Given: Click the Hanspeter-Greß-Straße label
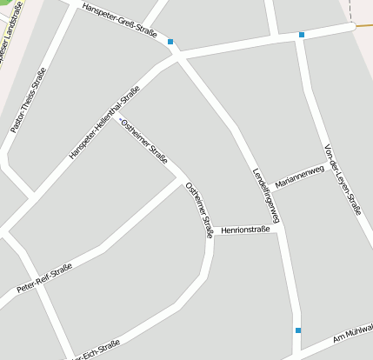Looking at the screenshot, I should (118, 21).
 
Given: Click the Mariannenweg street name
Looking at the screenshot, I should (298, 177).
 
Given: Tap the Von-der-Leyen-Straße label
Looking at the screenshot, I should (342, 177).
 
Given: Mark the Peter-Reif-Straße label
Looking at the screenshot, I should (43, 280).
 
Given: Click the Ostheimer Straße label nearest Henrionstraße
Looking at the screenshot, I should (199, 210).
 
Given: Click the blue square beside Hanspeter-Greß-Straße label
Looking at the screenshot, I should (171, 42).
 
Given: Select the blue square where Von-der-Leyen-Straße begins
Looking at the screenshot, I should (302, 35).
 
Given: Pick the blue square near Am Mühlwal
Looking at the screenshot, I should (298, 330).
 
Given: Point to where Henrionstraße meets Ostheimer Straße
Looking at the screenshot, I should (210, 233).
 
